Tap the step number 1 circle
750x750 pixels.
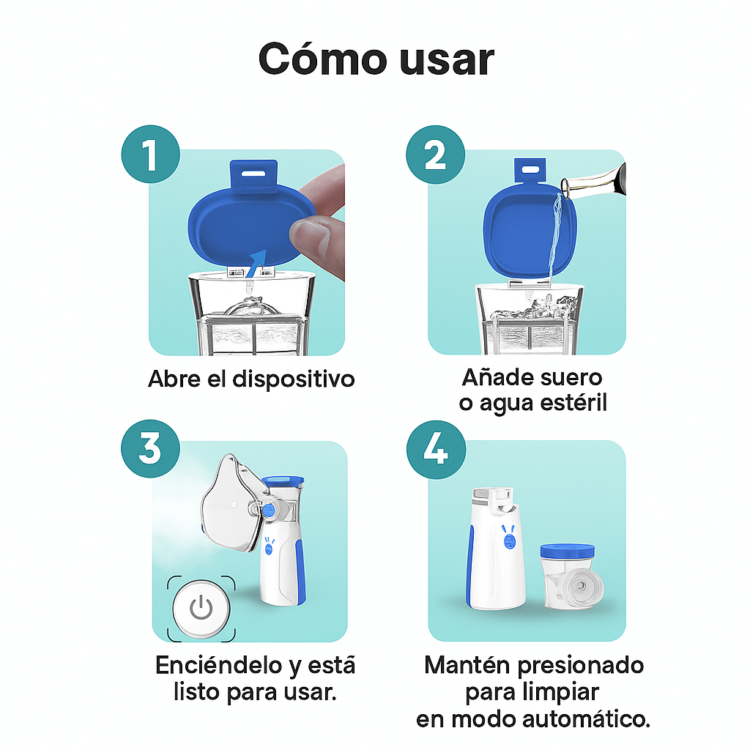pyautogui.click(x=150, y=156)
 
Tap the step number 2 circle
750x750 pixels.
pyautogui.click(x=435, y=156)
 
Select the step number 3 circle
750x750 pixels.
pyautogui.click(x=150, y=447)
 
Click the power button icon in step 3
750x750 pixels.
pyautogui.click(x=201, y=607)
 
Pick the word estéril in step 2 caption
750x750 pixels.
pyautogui.click(x=572, y=403)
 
